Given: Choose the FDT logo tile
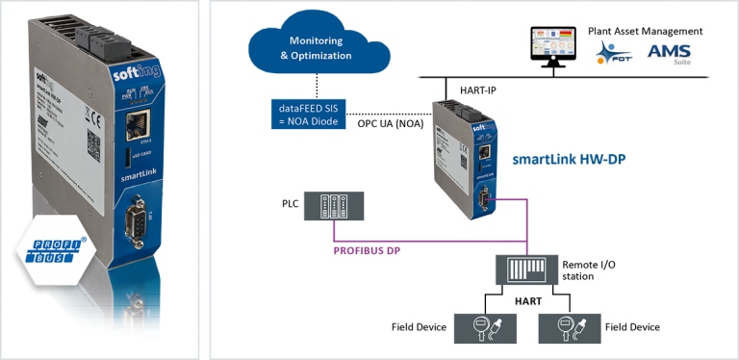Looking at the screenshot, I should pos(614,55).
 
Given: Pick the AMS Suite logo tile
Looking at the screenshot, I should pos(670,54).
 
